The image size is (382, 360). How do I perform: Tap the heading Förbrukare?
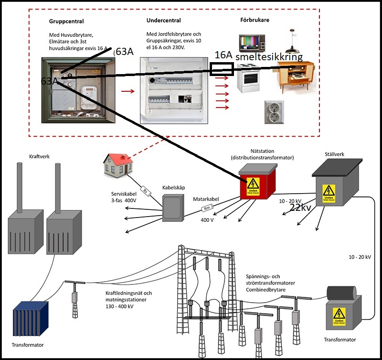255,21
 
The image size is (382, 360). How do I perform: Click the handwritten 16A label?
223,55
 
